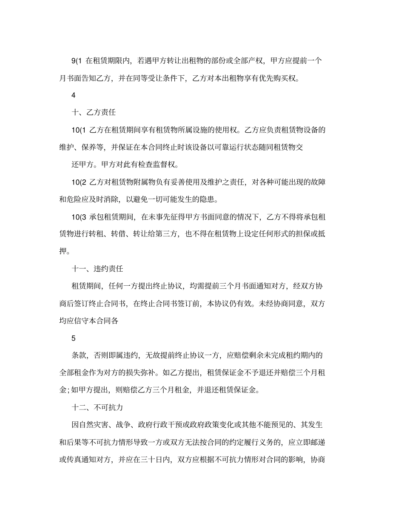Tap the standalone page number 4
73,95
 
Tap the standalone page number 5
73,338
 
